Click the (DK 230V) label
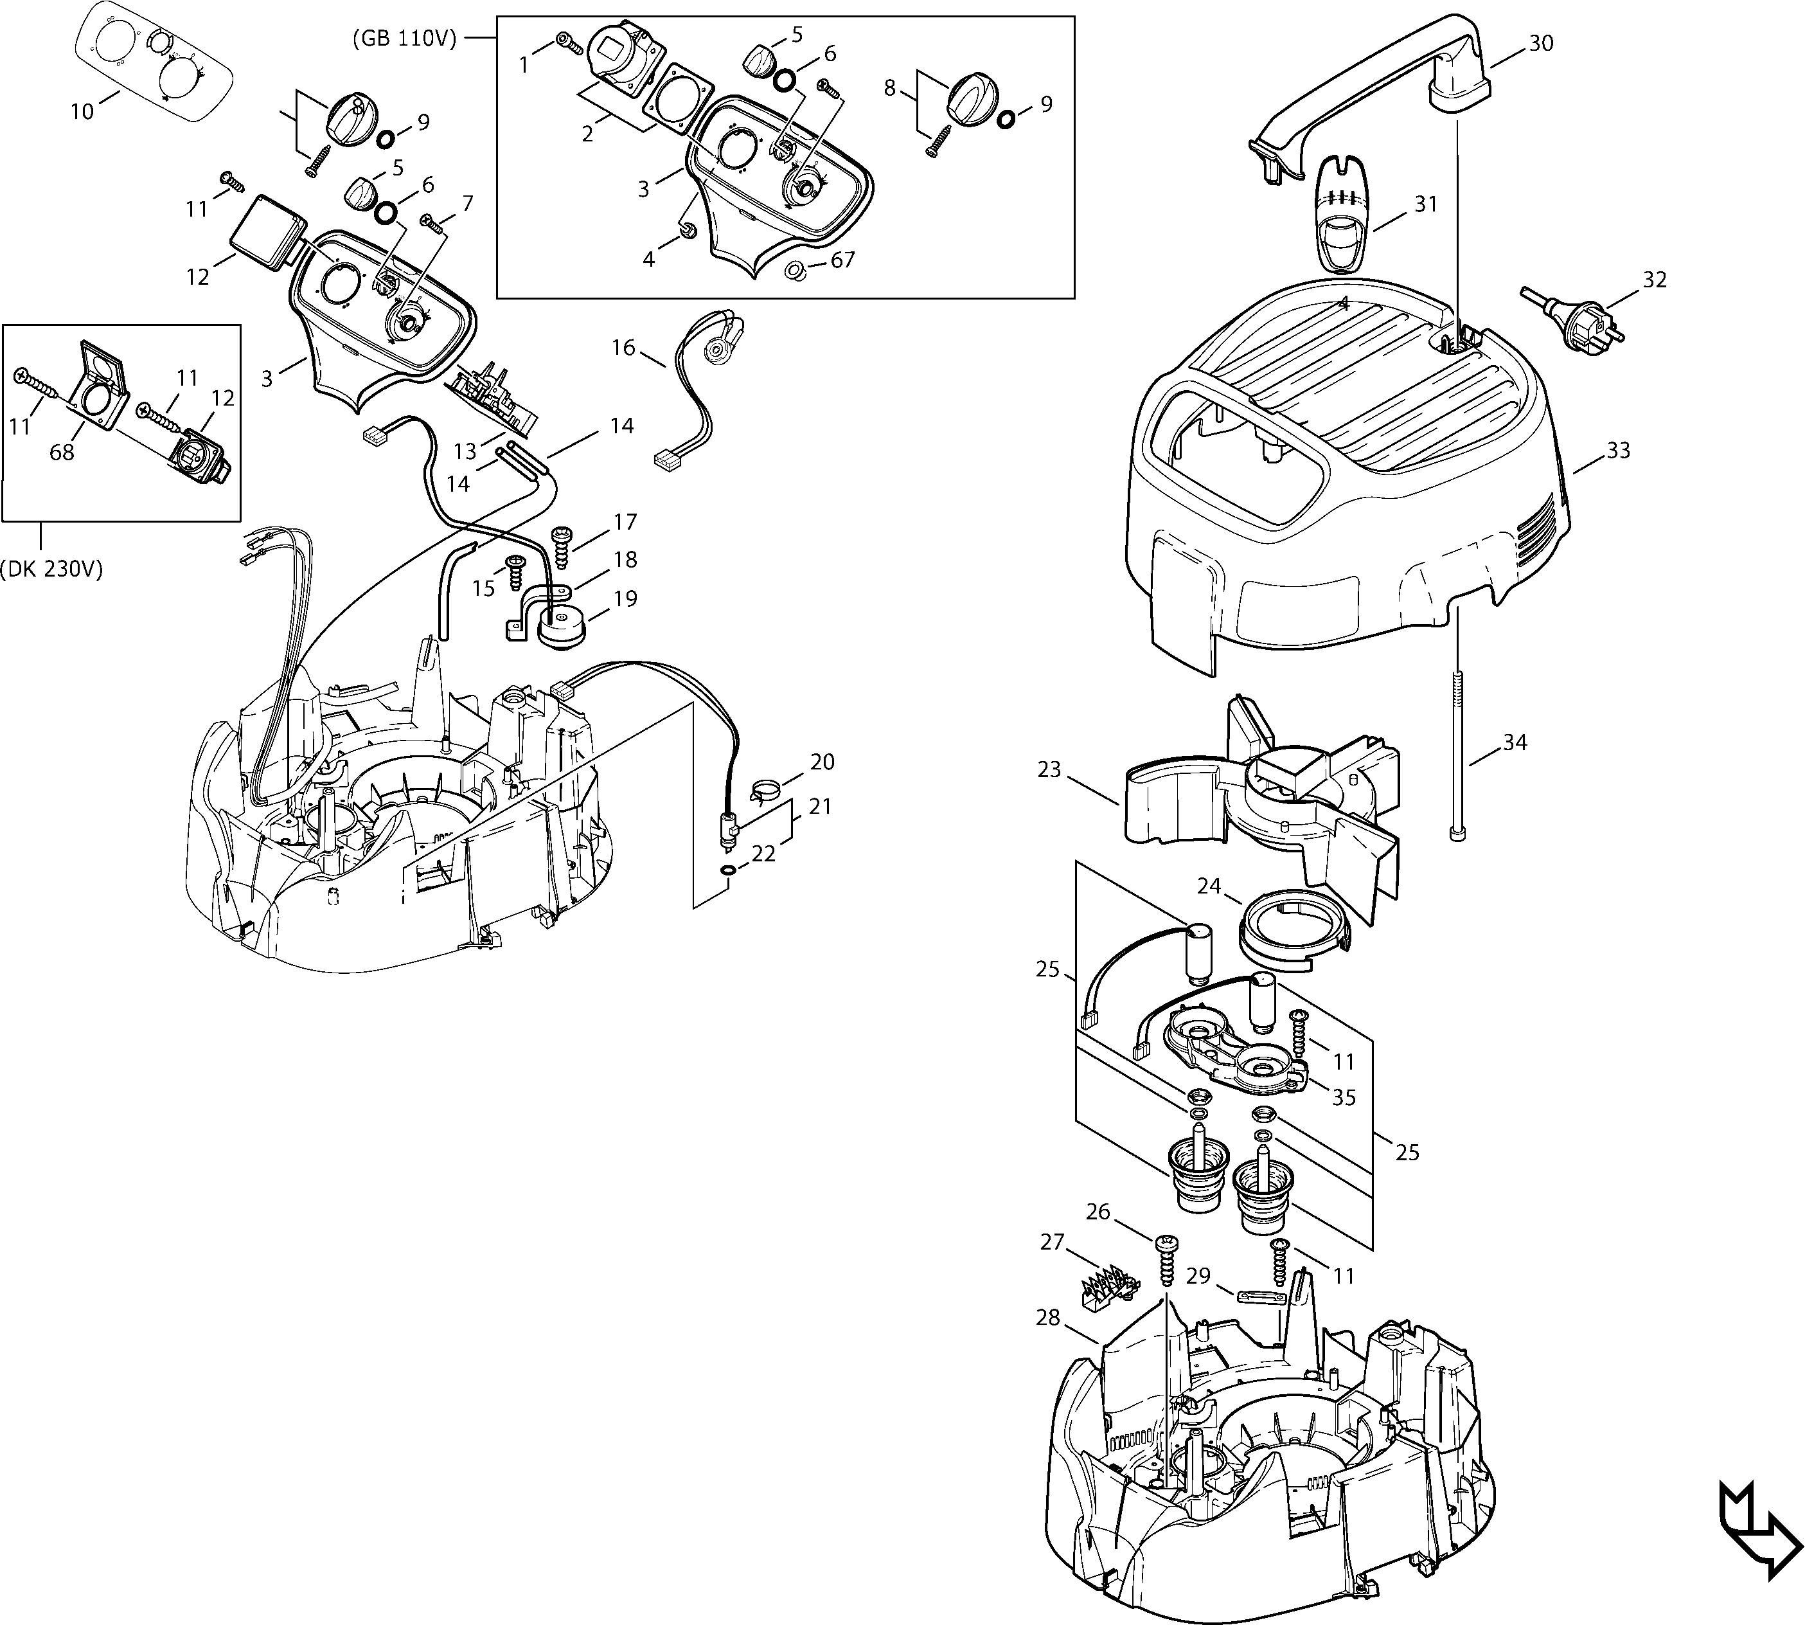[x=51, y=569]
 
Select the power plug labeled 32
[x=1574, y=319]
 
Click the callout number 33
[x=1617, y=451]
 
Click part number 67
[x=842, y=260]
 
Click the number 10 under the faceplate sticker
[x=82, y=112]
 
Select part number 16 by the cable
[x=623, y=347]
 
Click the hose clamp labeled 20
[x=765, y=788]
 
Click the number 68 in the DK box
[x=62, y=453]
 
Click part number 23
[x=1049, y=769]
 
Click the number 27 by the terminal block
[x=1053, y=1242]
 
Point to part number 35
[x=1344, y=1097]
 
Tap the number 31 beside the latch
[x=1426, y=204]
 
